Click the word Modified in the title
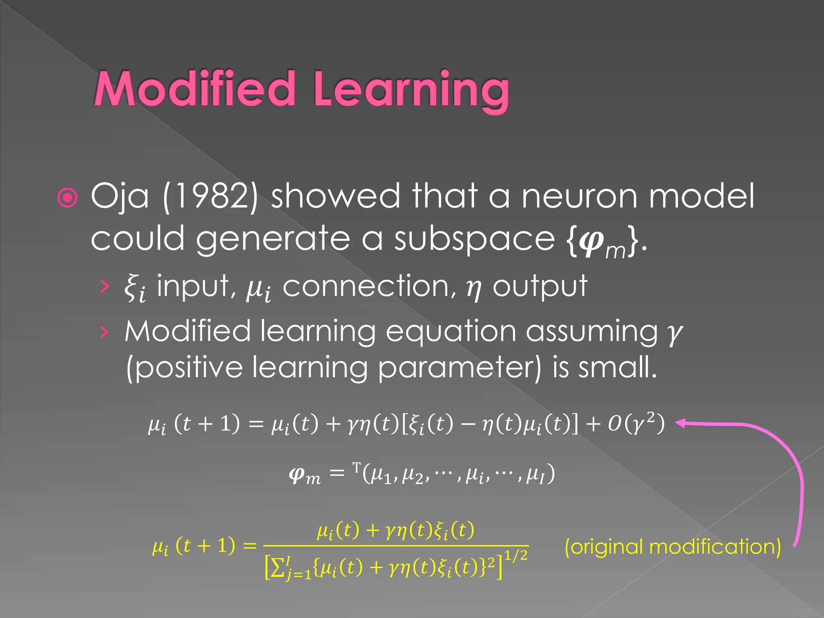194,89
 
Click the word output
540,287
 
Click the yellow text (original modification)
672,547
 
